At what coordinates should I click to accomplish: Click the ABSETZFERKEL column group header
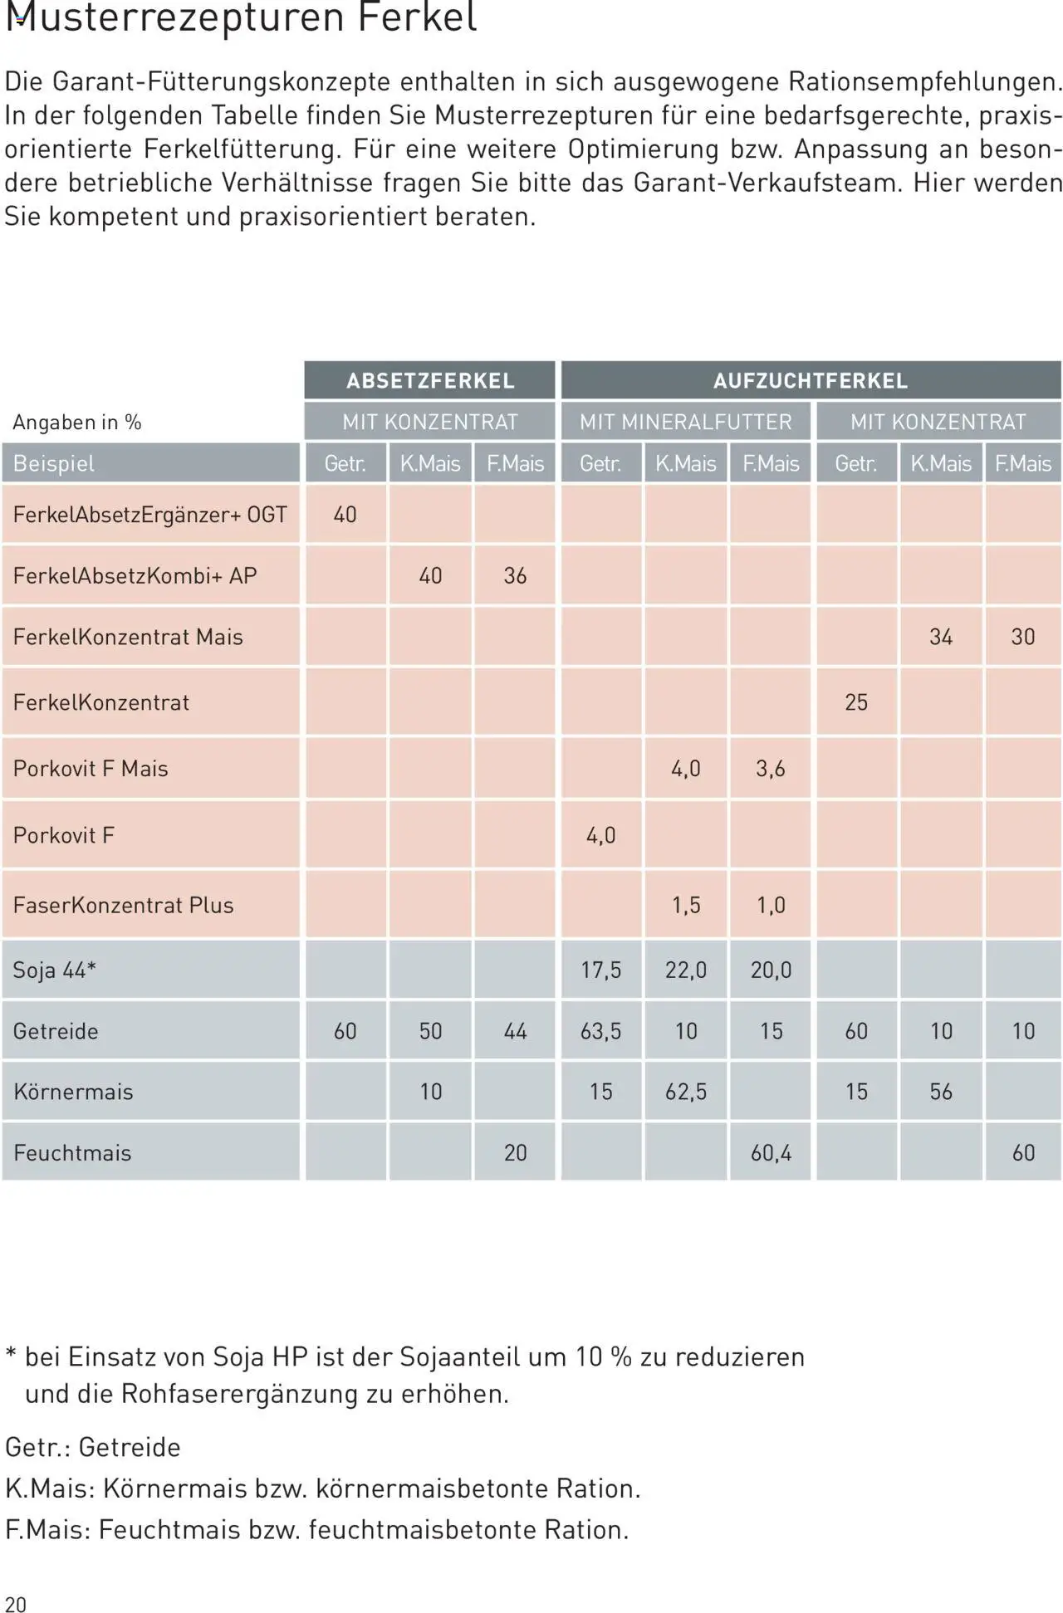[430, 381]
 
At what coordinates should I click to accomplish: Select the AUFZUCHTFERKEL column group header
[811, 381]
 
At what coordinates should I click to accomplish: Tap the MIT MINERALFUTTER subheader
[686, 422]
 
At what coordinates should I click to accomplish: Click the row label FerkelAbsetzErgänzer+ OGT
[150, 515]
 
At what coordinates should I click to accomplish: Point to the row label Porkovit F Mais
[91, 769]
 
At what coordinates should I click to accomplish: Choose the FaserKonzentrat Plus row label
[124, 905]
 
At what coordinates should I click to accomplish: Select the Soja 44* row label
[55, 970]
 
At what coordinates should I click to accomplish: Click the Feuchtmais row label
[72, 1152]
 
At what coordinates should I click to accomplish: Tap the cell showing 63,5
[601, 1031]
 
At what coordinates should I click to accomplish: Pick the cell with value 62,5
[686, 1092]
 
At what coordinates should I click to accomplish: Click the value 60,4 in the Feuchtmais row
[771, 1152]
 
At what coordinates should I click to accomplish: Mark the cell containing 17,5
[601, 970]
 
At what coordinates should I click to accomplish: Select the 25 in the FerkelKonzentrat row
[856, 702]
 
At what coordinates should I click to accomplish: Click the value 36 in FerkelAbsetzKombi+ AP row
[515, 576]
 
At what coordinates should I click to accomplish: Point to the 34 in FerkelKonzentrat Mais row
[941, 637]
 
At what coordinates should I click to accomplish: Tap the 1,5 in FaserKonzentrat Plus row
[686, 905]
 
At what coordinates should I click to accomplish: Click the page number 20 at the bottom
[16, 1604]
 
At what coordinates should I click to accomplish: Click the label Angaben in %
[77, 423]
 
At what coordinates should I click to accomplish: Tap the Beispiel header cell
[54, 463]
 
